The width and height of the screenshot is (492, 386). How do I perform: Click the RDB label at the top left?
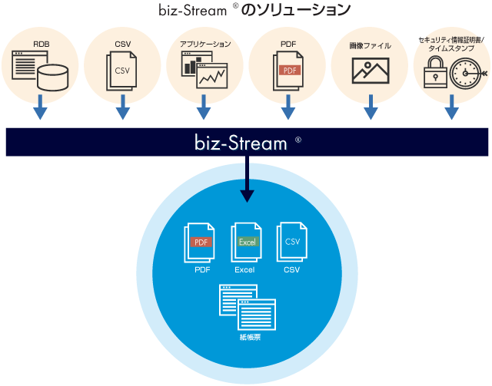click(42, 45)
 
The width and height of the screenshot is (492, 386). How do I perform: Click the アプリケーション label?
click(204, 45)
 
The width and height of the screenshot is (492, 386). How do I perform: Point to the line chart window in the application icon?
click(212, 75)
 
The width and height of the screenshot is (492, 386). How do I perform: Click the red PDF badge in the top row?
click(289, 71)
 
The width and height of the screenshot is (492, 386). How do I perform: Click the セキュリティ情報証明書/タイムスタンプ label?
click(452, 43)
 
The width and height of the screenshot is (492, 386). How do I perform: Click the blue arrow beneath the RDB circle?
click(42, 111)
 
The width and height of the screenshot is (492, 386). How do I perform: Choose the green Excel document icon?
click(246, 243)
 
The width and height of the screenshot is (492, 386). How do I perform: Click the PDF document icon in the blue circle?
click(201, 244)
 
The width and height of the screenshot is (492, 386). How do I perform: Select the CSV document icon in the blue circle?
click(291, 243)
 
